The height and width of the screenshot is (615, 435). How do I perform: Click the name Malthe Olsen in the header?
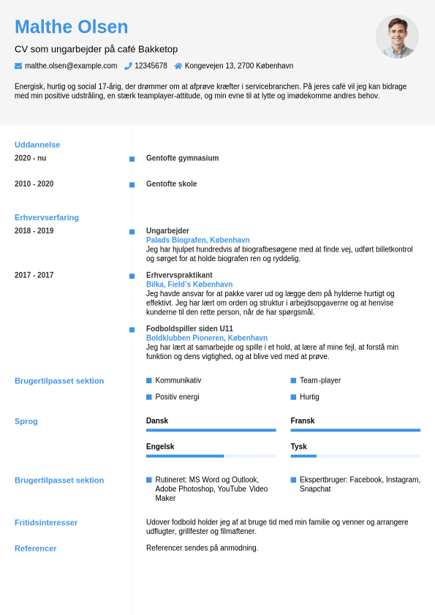tap(71, 27)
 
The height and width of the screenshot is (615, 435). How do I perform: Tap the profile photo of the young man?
tap(397, 37)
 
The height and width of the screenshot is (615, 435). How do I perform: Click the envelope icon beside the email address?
tap(18, 66)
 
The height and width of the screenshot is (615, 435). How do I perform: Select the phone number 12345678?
tap(151, 66)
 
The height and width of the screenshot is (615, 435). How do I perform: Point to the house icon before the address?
tap(178, 66)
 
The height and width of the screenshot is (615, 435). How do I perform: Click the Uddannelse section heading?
tap(37, 145)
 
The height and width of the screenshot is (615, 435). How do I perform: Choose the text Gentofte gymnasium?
tap(182, 158)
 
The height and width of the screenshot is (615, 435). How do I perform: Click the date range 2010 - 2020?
tap(34, 184)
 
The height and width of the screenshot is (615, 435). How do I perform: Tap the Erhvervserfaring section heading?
tap(47, 217)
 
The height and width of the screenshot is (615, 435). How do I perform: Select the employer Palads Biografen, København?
tap(197, 240)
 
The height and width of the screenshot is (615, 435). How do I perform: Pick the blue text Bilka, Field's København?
tap(189, 284)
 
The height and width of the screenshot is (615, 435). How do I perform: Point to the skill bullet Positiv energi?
tap(177, 397)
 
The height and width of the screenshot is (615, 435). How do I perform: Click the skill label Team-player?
tap(320, 380)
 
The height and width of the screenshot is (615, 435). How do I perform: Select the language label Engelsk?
tap(160, 446)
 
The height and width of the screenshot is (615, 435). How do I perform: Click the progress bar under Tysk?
tap(355, 456)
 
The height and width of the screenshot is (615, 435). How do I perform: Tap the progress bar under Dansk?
tap(211, 430)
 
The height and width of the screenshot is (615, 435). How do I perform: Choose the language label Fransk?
tap(303, 420)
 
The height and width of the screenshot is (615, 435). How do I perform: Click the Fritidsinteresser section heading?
tap(46, 522)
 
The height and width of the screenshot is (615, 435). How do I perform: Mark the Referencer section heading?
tap(36, 548)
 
